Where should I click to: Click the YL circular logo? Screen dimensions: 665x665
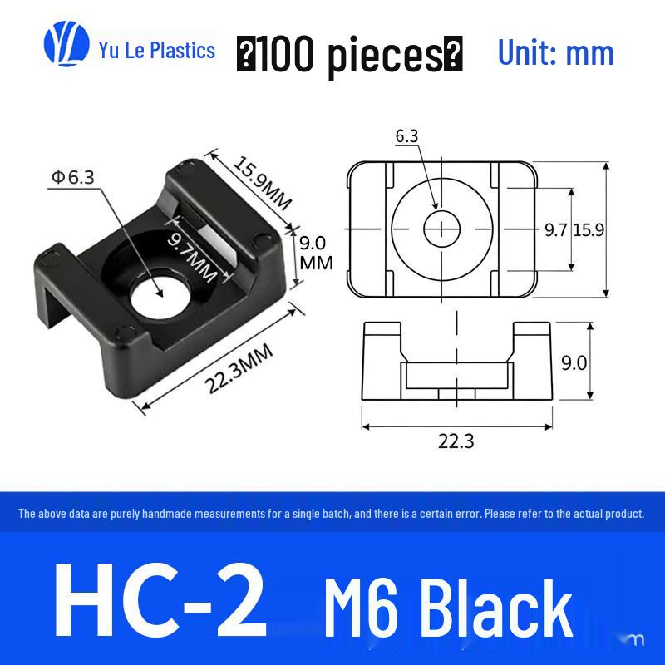click(66, 44)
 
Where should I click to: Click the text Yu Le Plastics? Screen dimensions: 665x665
click(157, 50)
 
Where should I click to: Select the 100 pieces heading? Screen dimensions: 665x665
click(349, 54)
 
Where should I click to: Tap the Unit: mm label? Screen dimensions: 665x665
click(555, 53)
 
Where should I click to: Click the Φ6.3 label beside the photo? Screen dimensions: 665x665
click(73, 177)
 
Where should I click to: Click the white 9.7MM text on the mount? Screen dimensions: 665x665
click(193, 259)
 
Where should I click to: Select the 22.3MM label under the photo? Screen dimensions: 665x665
click(239, 368)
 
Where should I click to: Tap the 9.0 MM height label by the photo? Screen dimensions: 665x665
click(316, 253)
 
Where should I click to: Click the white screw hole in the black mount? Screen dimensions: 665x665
click(158, 297)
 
